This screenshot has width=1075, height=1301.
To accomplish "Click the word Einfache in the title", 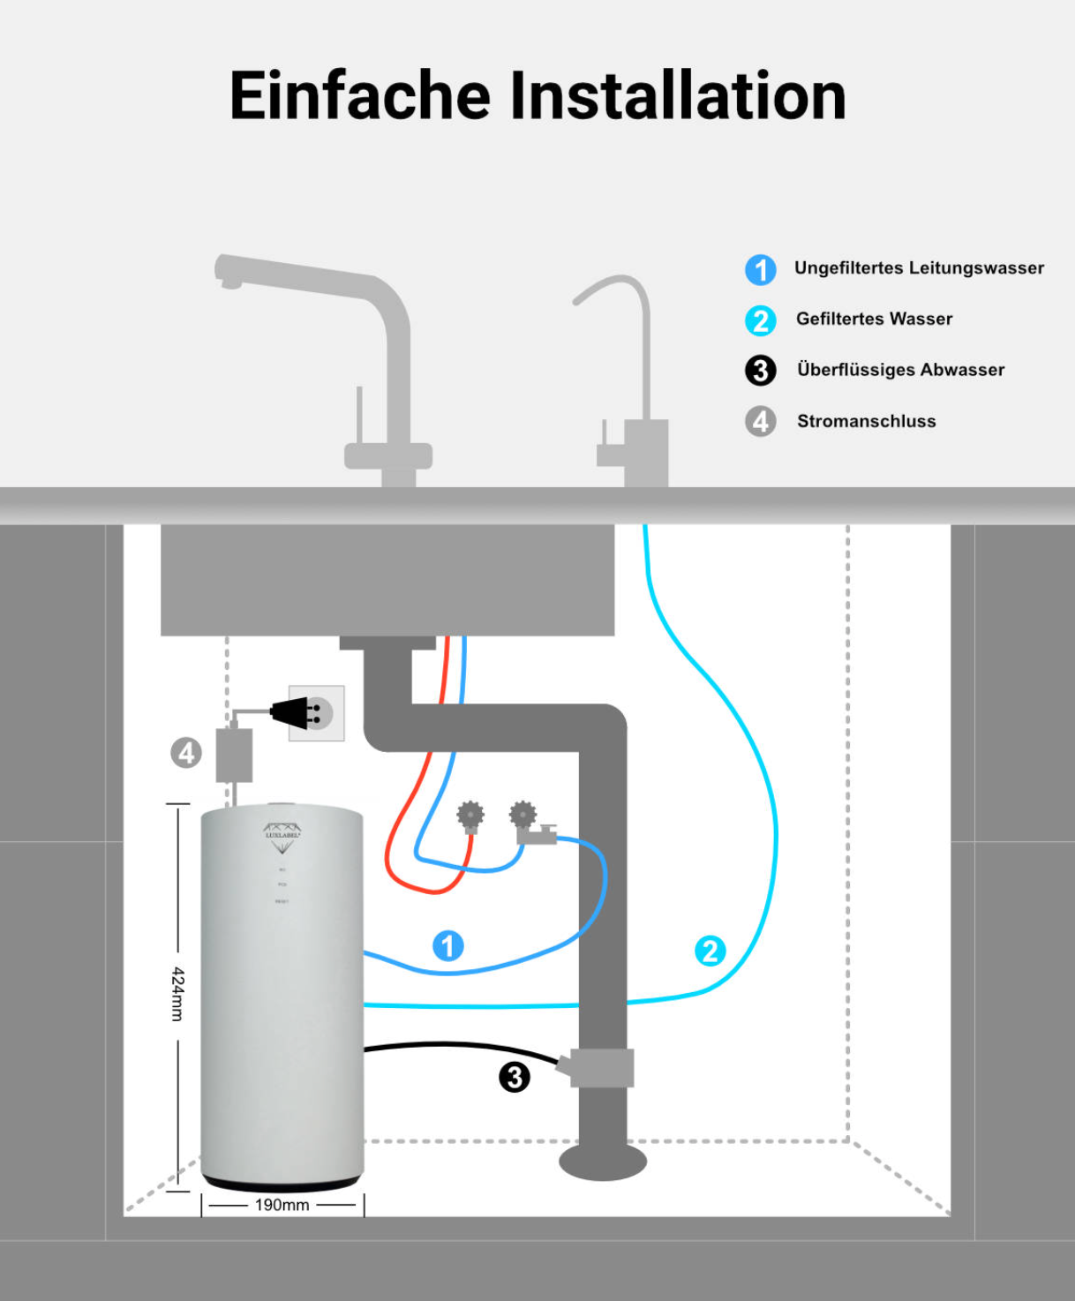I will [359, 95].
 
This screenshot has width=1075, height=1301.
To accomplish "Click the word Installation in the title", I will [678, 95].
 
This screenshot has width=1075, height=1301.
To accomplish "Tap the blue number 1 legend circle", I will [760, 269].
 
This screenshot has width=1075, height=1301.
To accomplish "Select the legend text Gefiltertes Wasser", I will [874, 319].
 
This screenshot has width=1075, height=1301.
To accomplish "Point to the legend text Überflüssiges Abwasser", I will [900, 370].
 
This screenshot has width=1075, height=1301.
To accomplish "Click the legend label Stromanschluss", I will [866, 421].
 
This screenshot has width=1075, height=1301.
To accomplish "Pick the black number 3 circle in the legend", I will [760, 371].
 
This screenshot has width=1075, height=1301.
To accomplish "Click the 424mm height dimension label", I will [177, 994].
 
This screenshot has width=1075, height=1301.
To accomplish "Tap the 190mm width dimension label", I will [282, 1205].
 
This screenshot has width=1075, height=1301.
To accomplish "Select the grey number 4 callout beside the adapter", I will [186, 753].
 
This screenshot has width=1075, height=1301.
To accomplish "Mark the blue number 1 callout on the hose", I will [448, 945].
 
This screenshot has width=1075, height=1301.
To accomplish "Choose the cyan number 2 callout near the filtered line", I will [710, 951].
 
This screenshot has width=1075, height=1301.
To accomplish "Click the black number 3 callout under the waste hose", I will [515, 1077].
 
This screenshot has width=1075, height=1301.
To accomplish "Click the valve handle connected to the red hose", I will [470, 815].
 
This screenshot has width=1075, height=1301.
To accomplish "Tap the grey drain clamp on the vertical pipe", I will [601, 1068].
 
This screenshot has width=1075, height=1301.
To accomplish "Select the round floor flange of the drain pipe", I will [603, 1162].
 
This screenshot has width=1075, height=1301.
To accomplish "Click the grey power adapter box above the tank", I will [234, 756].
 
